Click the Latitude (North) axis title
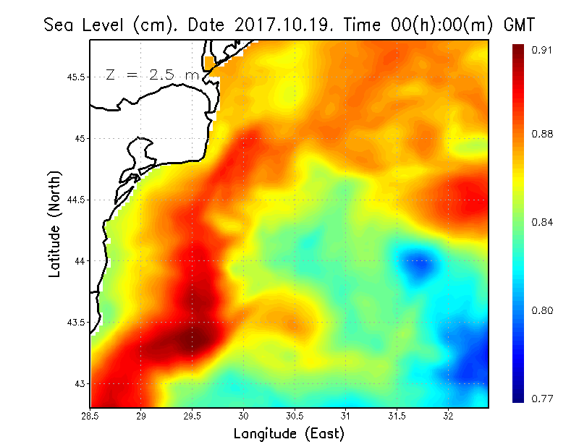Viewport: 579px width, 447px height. click(x=54, y=224)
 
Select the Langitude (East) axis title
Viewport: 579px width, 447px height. click(x=289, y=434)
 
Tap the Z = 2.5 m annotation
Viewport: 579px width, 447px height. click(x=152, y=74)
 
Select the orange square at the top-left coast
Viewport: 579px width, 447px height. click(x=210, y=63)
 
